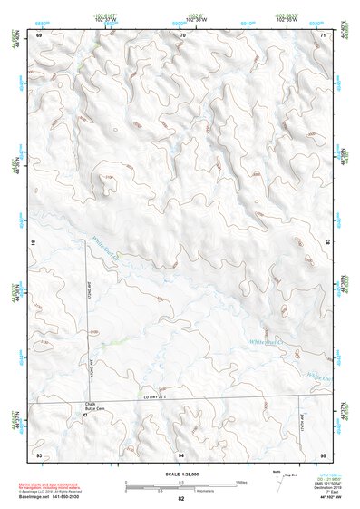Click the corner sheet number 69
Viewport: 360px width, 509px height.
coord(39,34)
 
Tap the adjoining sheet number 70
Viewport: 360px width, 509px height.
coord(182,34)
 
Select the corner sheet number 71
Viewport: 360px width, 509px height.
coord(324,34)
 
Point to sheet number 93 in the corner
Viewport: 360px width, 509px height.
coord(39,453)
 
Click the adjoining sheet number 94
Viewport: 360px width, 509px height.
coord(182,453)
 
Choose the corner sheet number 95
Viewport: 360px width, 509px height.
coord(324,453)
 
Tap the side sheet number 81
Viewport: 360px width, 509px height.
coord(35,243)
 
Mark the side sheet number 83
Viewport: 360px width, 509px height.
coord(327,243)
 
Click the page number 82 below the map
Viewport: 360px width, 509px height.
coord(181,499)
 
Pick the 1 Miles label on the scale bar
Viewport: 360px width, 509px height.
coord(240,481)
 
